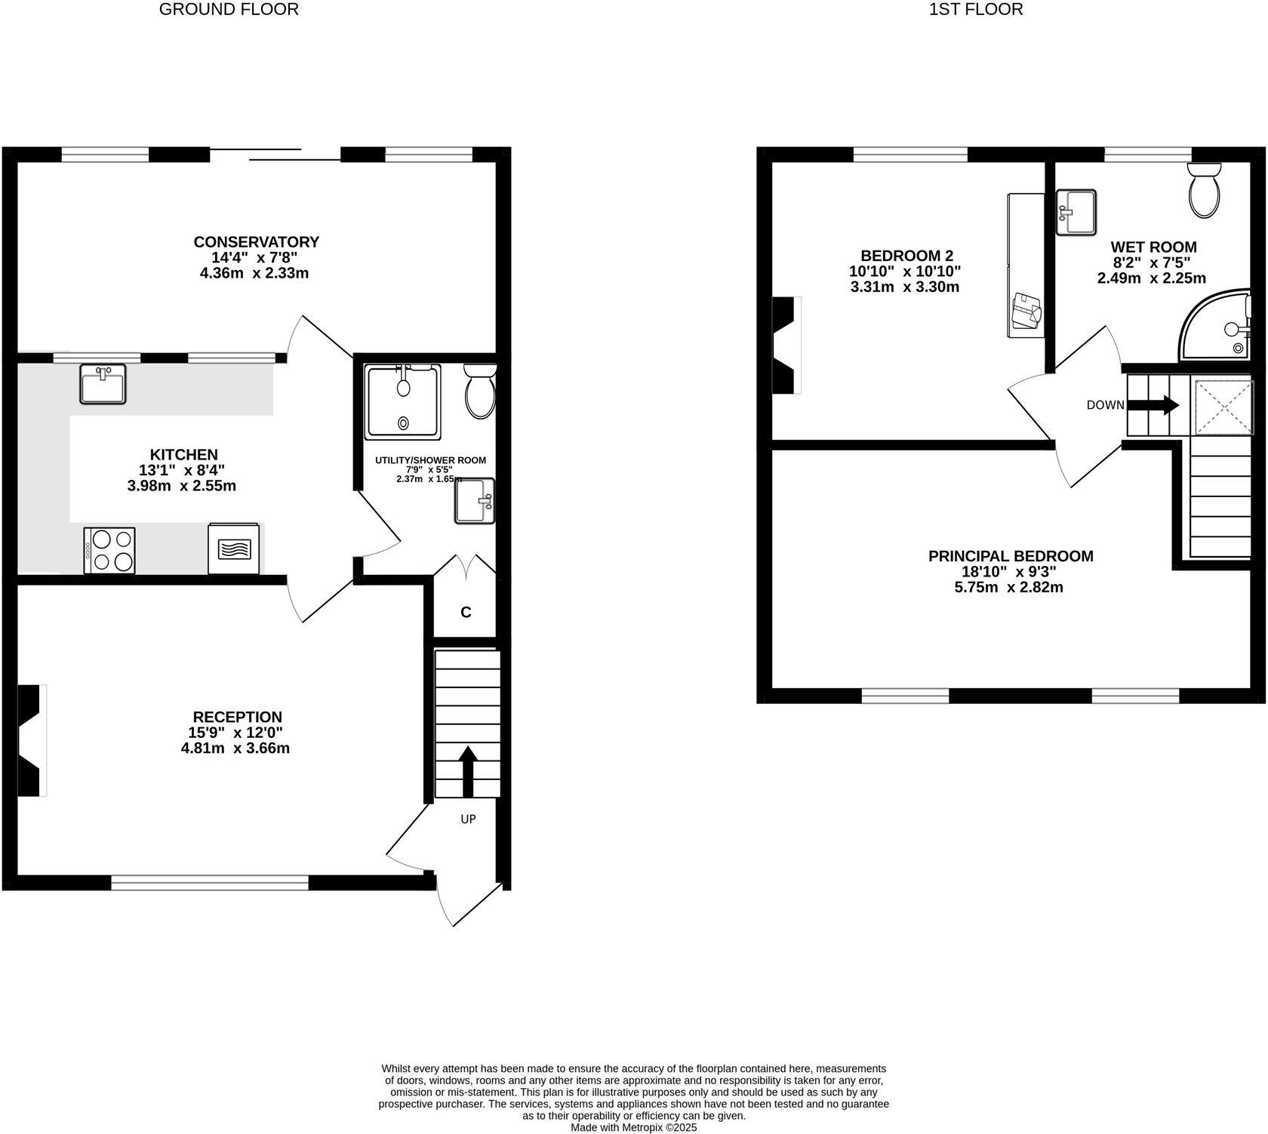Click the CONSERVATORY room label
point(256,241)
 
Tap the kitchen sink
point(103,384)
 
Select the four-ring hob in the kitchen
point(110,551)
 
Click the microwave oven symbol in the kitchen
point(234,549)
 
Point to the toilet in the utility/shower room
point(480,392)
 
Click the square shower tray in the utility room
point(402,401)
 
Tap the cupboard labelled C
point(466,612)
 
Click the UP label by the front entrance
point(468,819)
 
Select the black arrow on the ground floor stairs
point(468,770)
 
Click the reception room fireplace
point(31,740)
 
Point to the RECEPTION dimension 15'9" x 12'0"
point(235,733)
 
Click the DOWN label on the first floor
point(1105,405)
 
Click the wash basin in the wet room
point(1076,213)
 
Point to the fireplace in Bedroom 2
point(785,345)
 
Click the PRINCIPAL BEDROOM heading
point(1010,556)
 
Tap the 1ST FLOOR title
point(976,10)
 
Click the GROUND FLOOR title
point(229,10)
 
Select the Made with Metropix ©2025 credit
point(633,1127)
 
